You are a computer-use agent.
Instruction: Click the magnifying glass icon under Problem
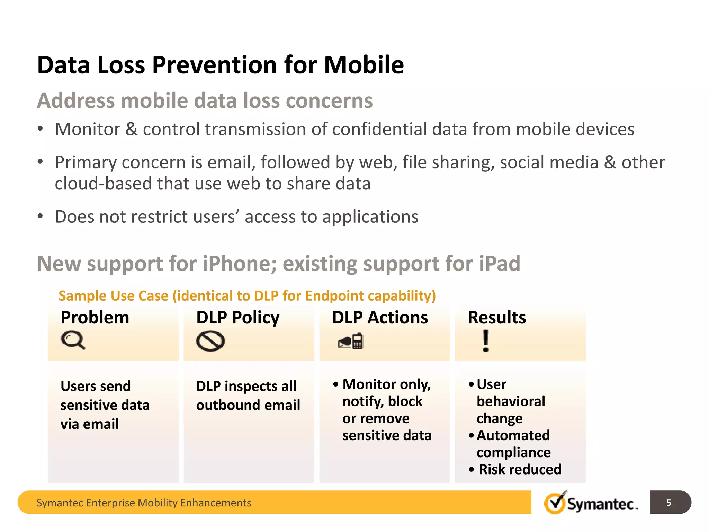[x=72, y=340]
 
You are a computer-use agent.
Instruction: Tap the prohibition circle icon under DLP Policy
[x=210, y=341]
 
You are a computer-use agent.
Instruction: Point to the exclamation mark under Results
[x=486, y=341]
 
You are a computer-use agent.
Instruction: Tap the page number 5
[x=668, y=503]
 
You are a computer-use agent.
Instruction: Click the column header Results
[x=497, y=318]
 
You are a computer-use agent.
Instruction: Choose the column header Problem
[x=95, y=318]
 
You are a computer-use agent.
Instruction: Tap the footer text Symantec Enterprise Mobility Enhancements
[x=144, y=503]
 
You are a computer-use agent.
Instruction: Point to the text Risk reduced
[x=520, y=470]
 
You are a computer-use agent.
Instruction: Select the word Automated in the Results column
[x=513, y=436]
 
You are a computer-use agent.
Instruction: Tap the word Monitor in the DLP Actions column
[x=369, y=384]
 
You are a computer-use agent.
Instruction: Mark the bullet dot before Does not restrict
[x=41, y=216]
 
